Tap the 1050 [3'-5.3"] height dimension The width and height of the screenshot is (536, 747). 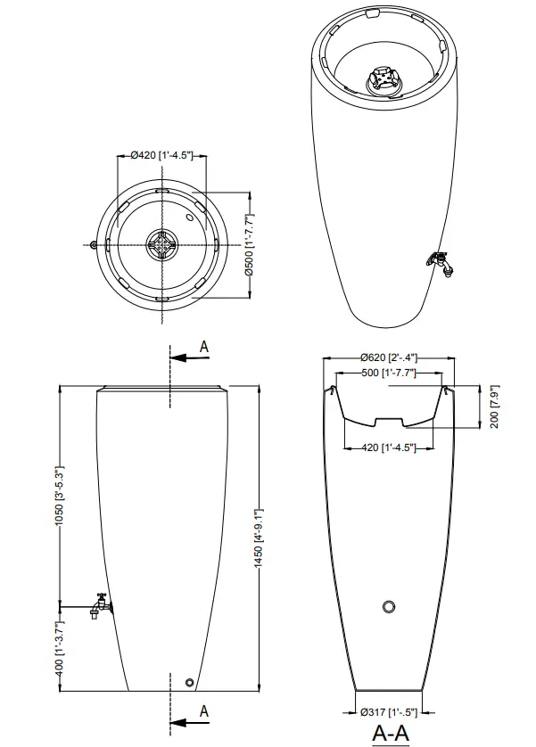[61, 496]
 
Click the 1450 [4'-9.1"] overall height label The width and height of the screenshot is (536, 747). [260, 538]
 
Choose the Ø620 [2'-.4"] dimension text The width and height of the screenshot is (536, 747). [389, 357]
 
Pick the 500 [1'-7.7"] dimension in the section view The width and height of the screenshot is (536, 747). [389, 373]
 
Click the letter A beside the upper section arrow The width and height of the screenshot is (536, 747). [204, 346]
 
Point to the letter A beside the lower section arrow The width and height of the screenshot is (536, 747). [204, 710]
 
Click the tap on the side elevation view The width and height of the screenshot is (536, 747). [98, 605]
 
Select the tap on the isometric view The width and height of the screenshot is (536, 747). [439, 262]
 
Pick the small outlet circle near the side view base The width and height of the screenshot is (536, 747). [188, 683]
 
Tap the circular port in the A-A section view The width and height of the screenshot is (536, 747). [388, 607]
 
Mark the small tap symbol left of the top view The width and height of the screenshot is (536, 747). [95, 244]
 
